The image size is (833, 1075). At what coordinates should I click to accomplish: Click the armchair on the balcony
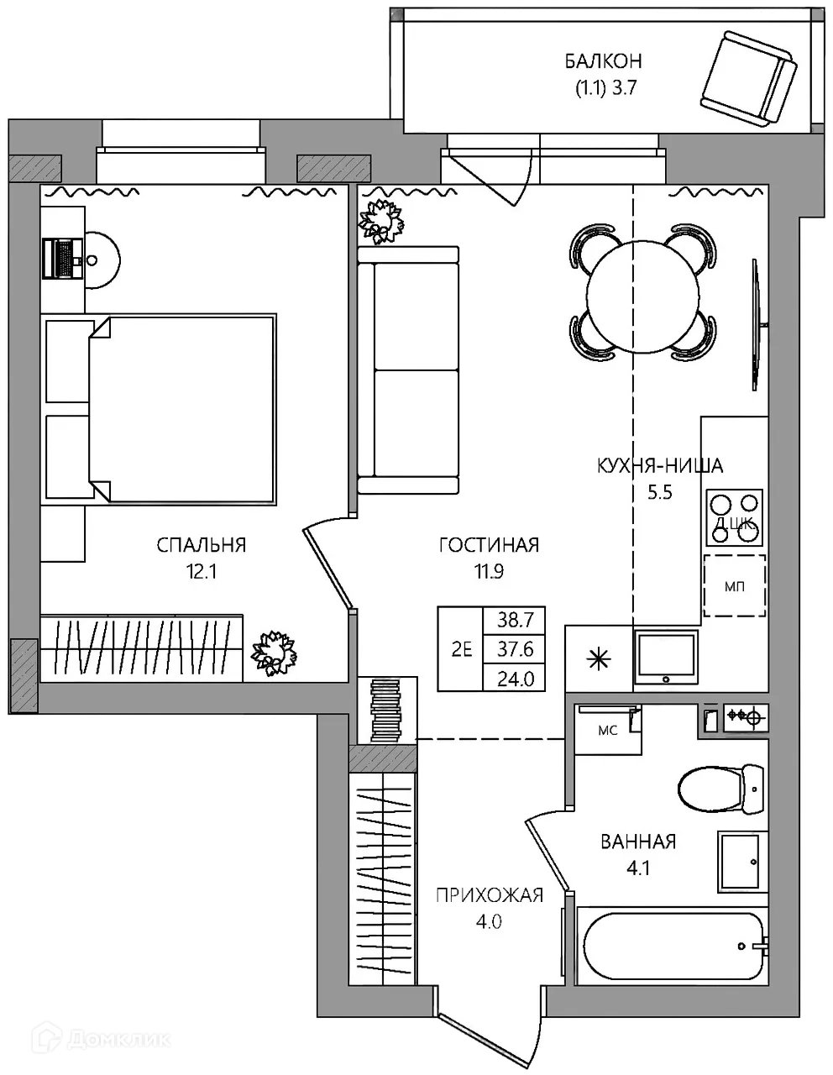[748, 79]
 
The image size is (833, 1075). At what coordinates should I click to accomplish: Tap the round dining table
[642, 296]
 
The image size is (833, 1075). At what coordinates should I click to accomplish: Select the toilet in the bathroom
[721, 789]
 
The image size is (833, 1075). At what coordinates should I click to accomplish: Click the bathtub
[672, 947]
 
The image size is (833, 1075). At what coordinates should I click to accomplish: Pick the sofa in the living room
[408, 370]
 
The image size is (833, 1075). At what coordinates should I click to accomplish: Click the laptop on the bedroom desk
[62, 258]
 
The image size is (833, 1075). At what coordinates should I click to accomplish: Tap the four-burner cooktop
[734, 518]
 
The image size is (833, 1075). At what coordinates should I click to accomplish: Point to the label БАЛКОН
[603, 61]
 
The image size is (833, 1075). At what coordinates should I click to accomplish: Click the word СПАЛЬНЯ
[202, 545]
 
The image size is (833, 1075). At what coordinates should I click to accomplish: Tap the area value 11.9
[490, 572]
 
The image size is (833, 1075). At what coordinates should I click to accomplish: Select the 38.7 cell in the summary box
[515, 620]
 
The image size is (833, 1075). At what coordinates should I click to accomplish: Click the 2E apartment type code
[461, 649]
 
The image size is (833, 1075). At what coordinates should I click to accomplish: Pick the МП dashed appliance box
[735, 586]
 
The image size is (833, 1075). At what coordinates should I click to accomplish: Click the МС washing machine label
[607, 730]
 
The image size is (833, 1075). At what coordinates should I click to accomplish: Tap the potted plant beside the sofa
[380, 222]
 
